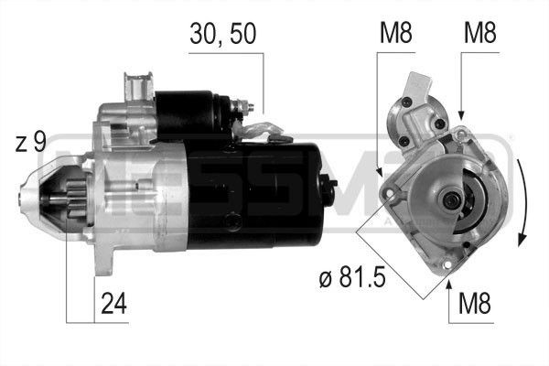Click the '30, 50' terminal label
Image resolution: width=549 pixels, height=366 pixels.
[223, 35]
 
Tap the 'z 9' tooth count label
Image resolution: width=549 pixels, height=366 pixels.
[30, 144]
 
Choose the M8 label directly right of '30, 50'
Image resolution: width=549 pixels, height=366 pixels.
[395, 35]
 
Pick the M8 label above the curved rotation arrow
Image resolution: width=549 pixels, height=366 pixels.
[480, 35]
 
